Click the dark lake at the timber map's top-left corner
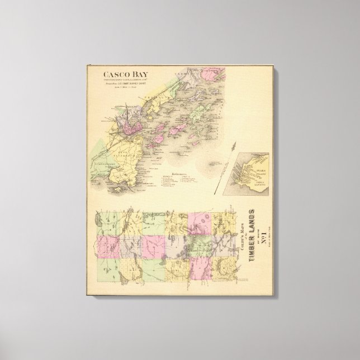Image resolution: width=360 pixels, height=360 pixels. pyautogui.click(x=100, y=219)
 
